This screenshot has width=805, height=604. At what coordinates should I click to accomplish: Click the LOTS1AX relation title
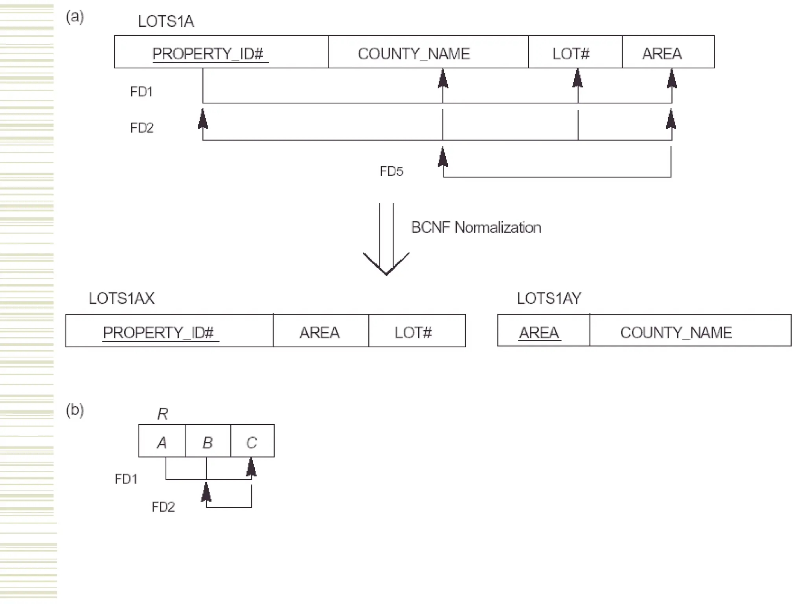click(121, 298)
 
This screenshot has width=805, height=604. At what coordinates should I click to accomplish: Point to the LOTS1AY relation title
click(549, 298)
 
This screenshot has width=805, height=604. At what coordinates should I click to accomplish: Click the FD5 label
click(391, 171)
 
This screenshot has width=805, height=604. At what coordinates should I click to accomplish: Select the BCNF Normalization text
click(476, 227)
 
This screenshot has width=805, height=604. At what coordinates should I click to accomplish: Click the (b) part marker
click(75, 410)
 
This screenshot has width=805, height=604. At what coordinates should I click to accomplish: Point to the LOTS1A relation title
click(166, 21)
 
